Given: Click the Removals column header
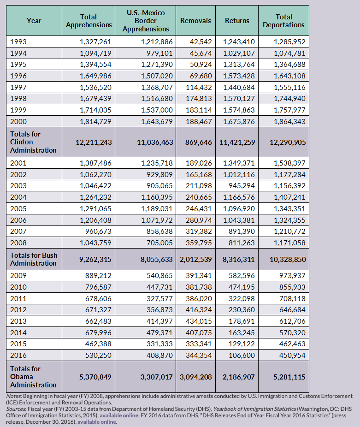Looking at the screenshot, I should [x=195, y=21].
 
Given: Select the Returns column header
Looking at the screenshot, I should [x=237, y=21].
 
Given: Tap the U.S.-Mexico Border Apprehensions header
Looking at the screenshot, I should [x=146, y=21].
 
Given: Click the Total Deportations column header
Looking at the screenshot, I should [x=283, y=21].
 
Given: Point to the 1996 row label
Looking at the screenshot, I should [x=18, y=76].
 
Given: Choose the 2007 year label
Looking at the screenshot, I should [x=18, y=231].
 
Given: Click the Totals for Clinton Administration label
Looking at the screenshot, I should [x=33, y=142].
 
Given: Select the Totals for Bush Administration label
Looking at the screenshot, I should [x=33, y=259].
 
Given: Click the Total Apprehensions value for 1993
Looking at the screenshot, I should [x=95, y=42].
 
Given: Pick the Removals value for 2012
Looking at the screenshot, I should [x=197, y=310].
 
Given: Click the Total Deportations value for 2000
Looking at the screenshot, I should [x=289, y=121].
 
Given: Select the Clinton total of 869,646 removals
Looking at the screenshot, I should [x=195, y=142].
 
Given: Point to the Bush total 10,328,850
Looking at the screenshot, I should [x=288, y=259].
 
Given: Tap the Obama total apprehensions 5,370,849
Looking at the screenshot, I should [x=95, y=377].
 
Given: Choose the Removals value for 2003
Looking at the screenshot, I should [x=197, y=185].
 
